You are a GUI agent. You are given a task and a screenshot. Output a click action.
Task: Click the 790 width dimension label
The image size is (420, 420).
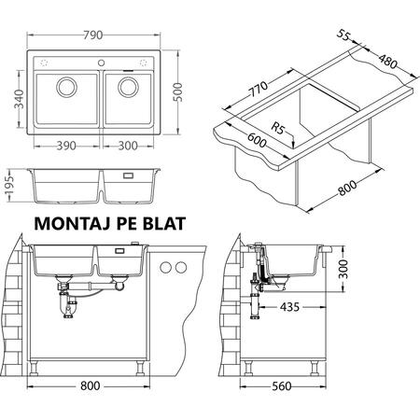coord(92,35)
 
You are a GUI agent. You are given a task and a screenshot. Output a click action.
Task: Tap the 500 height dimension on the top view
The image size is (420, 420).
coord(177,92)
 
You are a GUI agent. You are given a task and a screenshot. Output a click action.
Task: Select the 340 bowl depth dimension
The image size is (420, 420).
coord(19,99)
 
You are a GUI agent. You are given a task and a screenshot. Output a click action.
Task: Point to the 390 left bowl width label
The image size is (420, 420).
coord(66,146)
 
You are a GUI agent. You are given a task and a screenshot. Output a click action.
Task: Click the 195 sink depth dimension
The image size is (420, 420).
coord(10,188)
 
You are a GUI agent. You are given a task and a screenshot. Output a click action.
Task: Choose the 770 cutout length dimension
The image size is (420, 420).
coord(258,90)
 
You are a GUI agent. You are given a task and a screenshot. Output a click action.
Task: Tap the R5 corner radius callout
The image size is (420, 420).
coord(277,128)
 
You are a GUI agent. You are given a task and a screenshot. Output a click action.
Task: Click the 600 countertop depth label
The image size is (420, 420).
coord(257,140)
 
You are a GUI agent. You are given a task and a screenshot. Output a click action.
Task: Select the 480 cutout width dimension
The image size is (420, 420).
coord(387,62)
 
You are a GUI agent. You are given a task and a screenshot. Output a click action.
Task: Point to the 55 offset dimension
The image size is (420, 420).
coord(343,35)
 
